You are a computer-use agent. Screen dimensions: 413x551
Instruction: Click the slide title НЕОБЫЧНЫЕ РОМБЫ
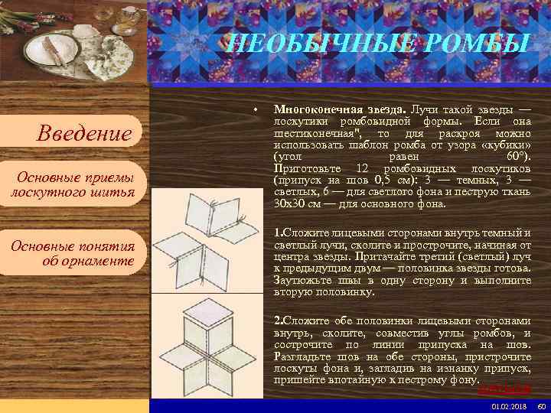pyautogui.click(x=378, y=44)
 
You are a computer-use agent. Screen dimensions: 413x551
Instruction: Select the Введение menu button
pyautogui.click(x=85, y=135)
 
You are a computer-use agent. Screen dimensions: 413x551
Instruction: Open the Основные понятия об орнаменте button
pyautogui.click(x=73, y=253)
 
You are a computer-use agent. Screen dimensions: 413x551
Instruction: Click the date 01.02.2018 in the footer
pyautogui.click(x=506, y=405)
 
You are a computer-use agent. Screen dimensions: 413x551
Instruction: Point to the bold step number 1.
pyautogui.click(x=278, y=232)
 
